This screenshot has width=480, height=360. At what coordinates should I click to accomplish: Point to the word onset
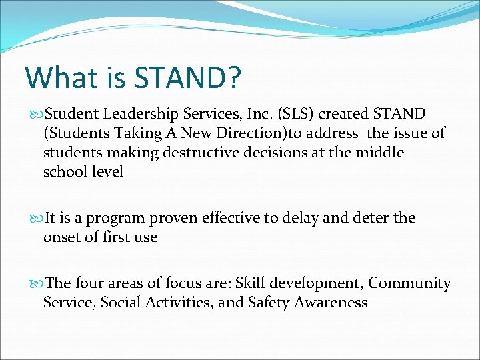pyautogui.click(x=61, y=237)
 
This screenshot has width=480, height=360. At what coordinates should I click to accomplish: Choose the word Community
pyautogui.click(x=410, y=283)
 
